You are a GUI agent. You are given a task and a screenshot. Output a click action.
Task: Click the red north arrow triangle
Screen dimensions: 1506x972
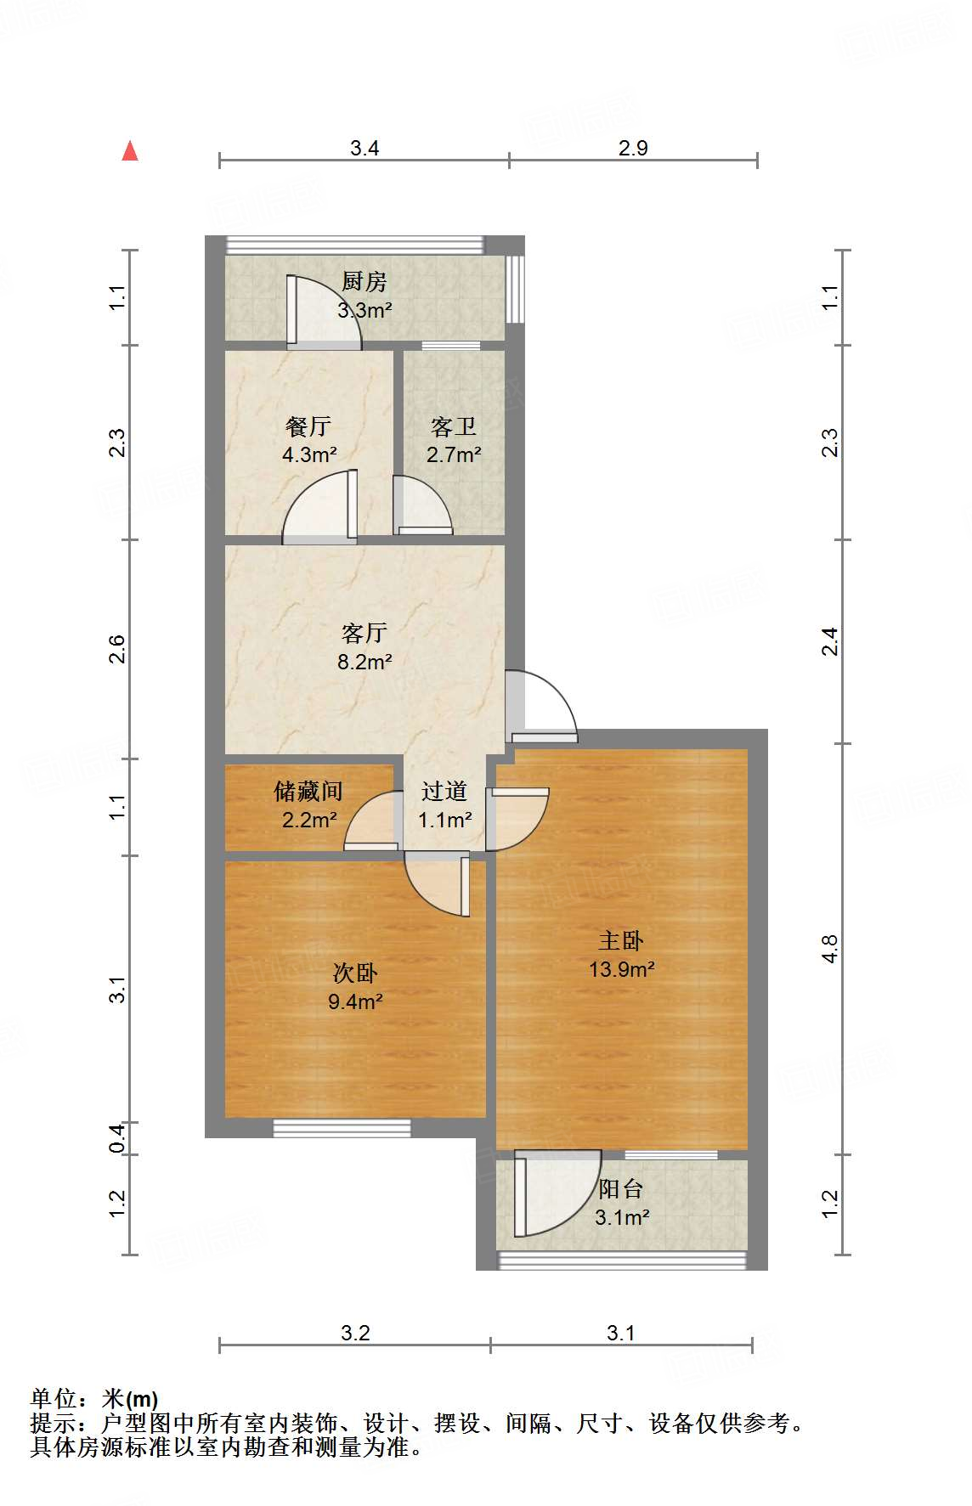tap(130, 152)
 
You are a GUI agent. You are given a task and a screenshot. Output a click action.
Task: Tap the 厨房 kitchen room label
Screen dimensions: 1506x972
tap(364, 281)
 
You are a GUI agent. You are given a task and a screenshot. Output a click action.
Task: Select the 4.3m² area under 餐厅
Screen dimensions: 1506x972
tap(309, 454)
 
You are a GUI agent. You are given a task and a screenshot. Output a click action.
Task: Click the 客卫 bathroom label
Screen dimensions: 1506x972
tap(453, 426)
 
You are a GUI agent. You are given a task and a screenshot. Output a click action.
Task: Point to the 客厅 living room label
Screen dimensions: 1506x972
tap(364, 633)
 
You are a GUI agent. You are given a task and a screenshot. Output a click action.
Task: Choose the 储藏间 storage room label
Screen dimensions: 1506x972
tap(308, 792)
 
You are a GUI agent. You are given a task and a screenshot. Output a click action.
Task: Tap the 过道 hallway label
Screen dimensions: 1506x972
tap(444, 792)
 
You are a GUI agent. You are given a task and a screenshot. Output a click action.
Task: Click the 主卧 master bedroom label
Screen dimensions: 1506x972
tap(621, 940)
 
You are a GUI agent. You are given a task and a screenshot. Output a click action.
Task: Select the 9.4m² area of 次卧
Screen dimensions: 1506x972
tap(355, 1001)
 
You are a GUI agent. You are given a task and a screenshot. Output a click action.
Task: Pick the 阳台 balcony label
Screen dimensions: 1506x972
tap(621, 1188)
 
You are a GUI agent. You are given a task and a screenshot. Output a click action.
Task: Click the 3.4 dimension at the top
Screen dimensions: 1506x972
tap(364, 148)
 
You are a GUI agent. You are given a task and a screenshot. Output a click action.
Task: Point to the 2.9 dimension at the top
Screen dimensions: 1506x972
tap(633, 148)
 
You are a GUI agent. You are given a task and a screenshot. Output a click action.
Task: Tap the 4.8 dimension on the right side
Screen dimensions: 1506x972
tap(829, 949)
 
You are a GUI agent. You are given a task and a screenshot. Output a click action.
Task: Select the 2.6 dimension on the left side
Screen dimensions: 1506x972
tap(117, 649)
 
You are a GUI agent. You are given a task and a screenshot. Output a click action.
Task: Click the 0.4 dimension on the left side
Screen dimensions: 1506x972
tap(117, 1138)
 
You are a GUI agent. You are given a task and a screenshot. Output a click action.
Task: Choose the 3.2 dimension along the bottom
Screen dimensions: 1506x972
tap(355, 1333)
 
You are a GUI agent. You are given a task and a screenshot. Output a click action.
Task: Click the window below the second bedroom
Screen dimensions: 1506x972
tap(342, 1128)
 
